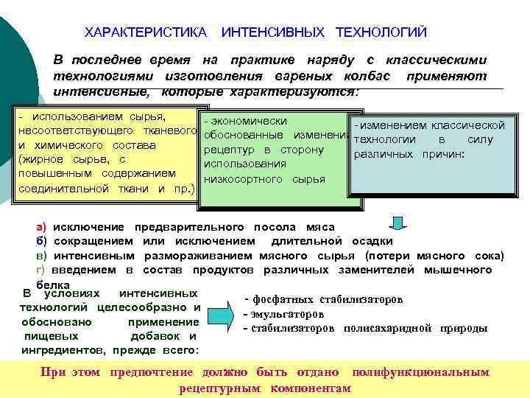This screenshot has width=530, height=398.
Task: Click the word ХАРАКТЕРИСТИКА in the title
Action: coord(146,33)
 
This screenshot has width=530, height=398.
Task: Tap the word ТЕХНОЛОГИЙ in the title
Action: coord(381,33)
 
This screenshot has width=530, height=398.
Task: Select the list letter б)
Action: coord(41,241)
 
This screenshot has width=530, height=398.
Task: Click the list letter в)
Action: coord(41,256)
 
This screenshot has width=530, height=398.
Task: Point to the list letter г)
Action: coord(41,270)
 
